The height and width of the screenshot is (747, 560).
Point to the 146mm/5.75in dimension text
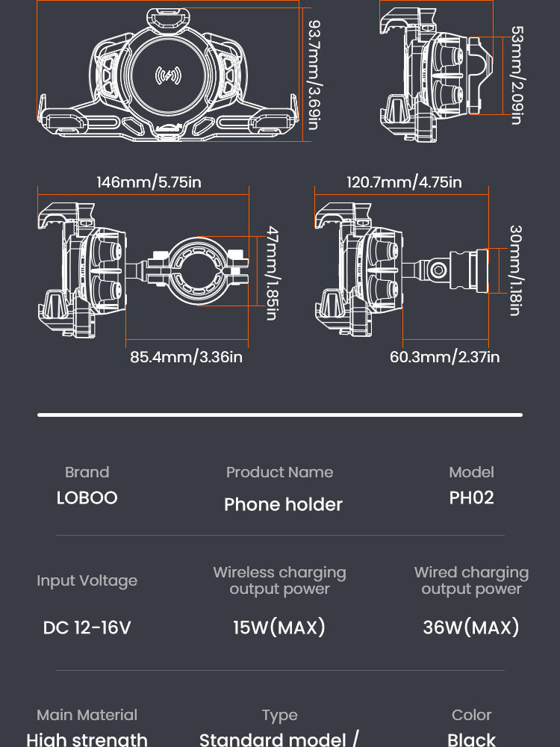coord(149,182)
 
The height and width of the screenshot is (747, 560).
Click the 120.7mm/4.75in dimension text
coord(404,182)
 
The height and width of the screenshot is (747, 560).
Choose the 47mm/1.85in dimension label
coord(272,273)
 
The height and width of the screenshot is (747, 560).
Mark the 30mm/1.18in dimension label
coord(515,270)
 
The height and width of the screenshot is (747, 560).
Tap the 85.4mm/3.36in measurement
coord(186,357)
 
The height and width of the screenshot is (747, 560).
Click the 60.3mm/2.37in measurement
coord(444,357)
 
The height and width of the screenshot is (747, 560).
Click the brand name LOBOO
coord(87,498)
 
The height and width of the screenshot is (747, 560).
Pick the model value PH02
coord(471,498)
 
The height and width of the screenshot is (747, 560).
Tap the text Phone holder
coord(283,505)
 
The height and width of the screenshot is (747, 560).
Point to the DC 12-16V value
coord(87,628)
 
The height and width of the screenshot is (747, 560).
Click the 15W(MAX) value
coord(279,627)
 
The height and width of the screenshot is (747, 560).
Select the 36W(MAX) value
coord(471,627)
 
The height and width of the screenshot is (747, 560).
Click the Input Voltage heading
coord(87,581)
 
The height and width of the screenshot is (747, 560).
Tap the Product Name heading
coord(279,472)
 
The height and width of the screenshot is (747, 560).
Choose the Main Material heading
coord(87,715)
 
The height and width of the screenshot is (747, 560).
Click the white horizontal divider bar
coord(280,414)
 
